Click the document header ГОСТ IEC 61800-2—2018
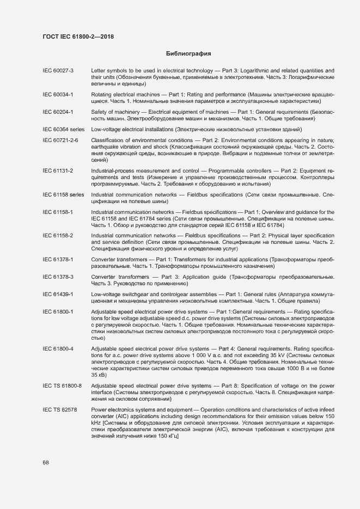tap(78, 37)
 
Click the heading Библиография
tap(188, 54)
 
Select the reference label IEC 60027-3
tap(58, 71)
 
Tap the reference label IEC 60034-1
tap(58, 94)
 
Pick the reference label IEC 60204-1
tap(58, 112)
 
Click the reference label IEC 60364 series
tap(63, 129)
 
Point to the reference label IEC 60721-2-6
tap(60, 140)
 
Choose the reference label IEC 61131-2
tap(58, 170)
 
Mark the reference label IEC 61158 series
tap(63, 194)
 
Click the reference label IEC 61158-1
tap(58, 212)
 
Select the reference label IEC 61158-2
tap(58, 235)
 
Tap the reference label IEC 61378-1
tap(58, 259)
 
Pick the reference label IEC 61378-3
tap(58, 277)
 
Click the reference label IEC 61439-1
tap(58, 294)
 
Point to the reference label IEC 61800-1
tap(58, 311)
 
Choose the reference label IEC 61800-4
tap(58, 348)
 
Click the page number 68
tap(46, 462)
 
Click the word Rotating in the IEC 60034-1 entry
tap(102, 94)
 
